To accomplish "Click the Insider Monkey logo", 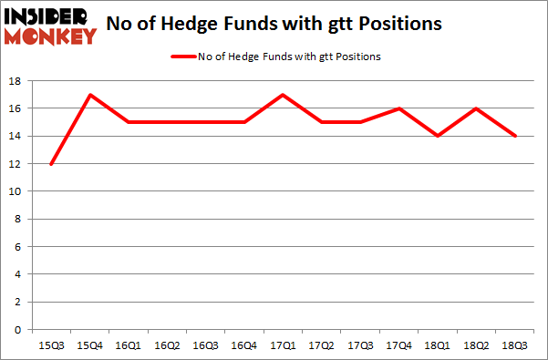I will [x=50, y=25].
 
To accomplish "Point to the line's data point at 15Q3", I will [x=52, y=164].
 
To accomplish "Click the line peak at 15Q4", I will [x=90, y=95].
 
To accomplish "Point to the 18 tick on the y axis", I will [x=16, y=81].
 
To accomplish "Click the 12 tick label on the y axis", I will [x=16, y=164].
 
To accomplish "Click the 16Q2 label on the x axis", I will [x=168, y=345].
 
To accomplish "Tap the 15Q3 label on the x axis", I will [x=52, y=345].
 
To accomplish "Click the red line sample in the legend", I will [x=182, y=57].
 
